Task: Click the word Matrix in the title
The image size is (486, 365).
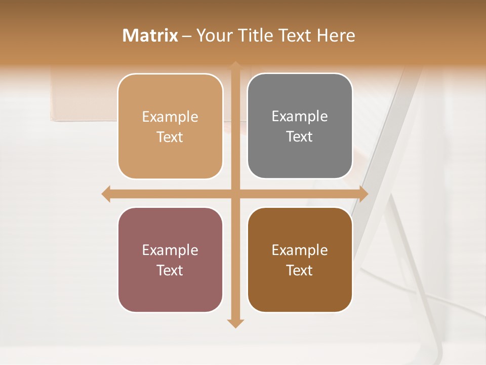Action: (150, 35)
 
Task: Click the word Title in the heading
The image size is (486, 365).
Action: (254, 35)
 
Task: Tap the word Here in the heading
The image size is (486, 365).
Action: (336, 35)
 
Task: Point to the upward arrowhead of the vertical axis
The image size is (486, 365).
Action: (235, 65)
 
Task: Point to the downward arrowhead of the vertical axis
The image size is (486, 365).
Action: (235, 323)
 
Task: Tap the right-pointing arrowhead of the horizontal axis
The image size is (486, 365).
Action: (363, 194)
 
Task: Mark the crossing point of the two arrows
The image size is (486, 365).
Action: (235, 194)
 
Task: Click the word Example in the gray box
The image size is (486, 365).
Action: (300, 116)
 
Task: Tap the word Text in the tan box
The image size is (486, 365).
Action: (170, 137)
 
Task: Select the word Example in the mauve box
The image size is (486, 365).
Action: (170, 250)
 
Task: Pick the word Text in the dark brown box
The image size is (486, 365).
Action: (300, 271)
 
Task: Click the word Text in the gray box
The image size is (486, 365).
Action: (300, 137)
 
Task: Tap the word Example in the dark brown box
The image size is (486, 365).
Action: (300, 250)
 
